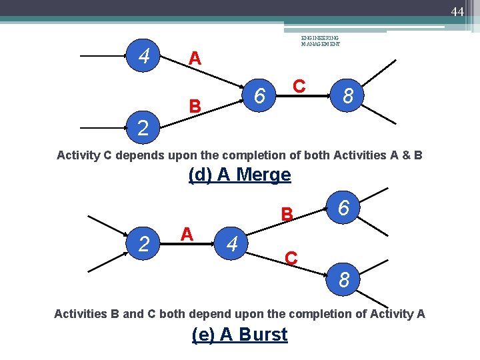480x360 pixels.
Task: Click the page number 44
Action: point(457,11)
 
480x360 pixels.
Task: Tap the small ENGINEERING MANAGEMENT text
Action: point(320,41)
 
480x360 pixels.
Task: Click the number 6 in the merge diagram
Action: point(261,97)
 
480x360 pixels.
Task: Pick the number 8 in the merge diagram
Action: point(347,97)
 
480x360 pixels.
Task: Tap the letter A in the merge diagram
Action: point(194,59)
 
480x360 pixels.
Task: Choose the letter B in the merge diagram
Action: point(194,106)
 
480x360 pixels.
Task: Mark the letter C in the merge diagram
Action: point(299,86)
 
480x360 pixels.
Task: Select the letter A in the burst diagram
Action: point(187,233)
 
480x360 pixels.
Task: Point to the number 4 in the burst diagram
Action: point(231,245)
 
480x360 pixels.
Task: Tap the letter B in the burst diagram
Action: point(287,215)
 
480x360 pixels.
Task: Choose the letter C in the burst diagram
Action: point(291,257)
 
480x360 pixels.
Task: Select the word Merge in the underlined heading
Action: point(263,175)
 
